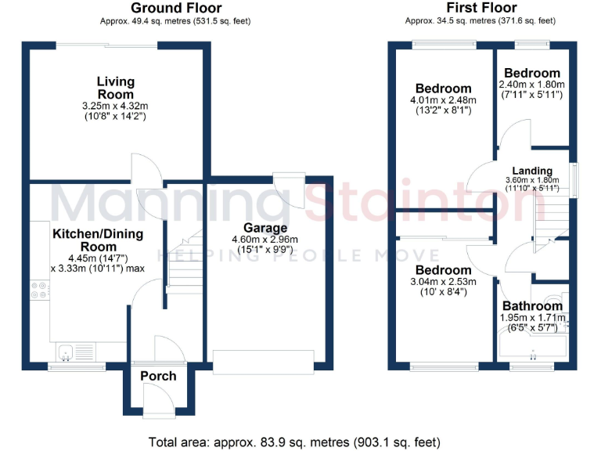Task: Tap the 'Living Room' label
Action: [x=116, y=88]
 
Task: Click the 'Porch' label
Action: [x=158, y=377]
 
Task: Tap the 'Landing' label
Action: [x=532, y=171]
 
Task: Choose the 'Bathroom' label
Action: [x=532, y=306]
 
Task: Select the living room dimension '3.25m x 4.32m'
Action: [x=116, y=105]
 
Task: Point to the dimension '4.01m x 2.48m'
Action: [x=444, y=100]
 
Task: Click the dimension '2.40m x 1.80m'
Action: [x=532, y=85]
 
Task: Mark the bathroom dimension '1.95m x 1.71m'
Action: [x=532, y=318]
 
